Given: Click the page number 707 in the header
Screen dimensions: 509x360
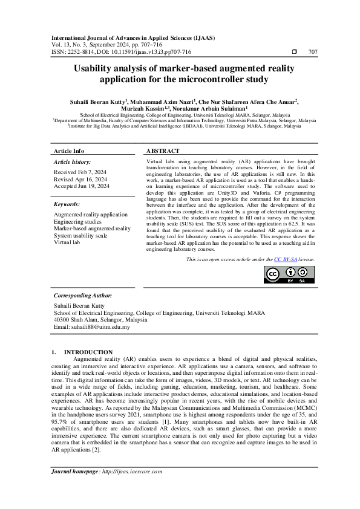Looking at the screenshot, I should [313, 52].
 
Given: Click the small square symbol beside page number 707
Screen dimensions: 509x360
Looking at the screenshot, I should [293, 52].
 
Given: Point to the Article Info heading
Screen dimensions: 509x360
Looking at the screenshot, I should [70, 151].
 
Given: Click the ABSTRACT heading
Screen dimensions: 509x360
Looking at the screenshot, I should [163, 151].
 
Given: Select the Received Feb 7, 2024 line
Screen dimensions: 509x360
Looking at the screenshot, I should [80, 172].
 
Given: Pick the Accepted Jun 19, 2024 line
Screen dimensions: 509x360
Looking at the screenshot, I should [82, 186].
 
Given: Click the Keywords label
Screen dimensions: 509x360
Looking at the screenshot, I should [67, 204].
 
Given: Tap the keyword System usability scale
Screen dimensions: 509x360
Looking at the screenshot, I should [80, 236].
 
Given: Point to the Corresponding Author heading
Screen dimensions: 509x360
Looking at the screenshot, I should [83, 296].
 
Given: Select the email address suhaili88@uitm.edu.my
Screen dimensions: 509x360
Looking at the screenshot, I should [91, 326].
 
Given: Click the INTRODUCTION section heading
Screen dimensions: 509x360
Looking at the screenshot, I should [88, 352].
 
